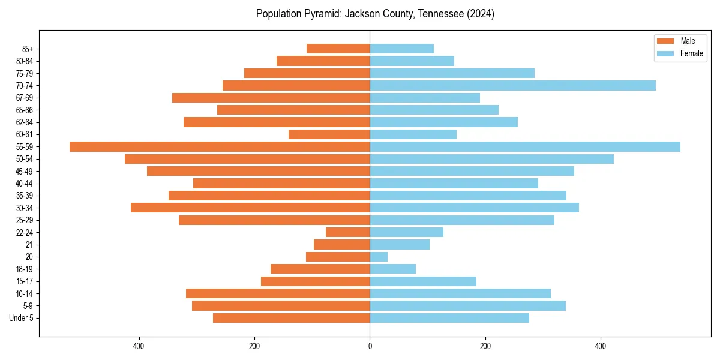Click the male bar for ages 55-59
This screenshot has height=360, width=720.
220,146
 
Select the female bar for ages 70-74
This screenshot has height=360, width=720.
512,85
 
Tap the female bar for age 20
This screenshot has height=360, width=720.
379,257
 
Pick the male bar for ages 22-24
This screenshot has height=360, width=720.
347,232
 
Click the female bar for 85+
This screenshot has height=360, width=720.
401,49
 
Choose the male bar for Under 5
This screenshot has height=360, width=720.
291,318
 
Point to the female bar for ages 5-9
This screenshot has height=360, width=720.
467,305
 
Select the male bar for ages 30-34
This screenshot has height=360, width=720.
250,208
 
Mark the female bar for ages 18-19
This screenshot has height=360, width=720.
392,269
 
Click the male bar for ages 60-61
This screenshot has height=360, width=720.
329,134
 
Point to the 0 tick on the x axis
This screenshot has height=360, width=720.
370,346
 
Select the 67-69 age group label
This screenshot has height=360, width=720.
25,98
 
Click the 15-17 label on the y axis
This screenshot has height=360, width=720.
25,281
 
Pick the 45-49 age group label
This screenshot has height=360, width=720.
25,171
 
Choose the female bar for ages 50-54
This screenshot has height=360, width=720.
491,159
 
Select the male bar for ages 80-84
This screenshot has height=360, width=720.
323,61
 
